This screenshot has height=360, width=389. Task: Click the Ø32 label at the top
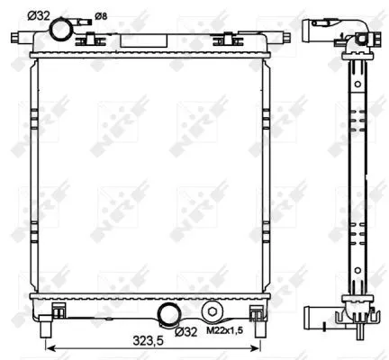(x=39, y=14)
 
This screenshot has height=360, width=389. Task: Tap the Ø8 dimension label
(x=101, y=14)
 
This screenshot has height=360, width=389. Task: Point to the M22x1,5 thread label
(x=224, y=331)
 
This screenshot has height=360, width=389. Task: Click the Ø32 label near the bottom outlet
(x=186, y=331)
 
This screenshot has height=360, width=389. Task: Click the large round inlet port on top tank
(x=62, y=31)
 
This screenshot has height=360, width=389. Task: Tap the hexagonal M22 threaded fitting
(x=213, y=311)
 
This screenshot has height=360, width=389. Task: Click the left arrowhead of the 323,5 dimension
(x=49, y=346)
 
